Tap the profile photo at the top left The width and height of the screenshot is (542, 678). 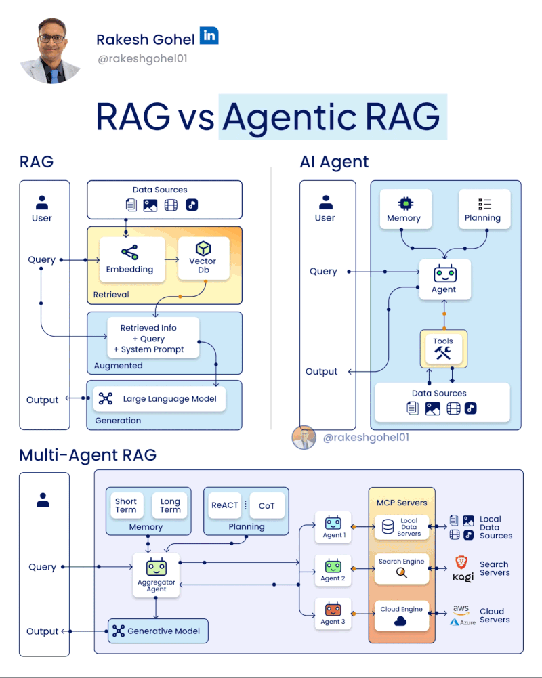click(x=51, y=52)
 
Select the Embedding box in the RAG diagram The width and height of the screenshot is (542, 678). click(x=129, y=259)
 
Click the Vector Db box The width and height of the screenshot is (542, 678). click(x=203, y=259)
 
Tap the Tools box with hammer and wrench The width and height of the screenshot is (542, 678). click(x=443, y=348)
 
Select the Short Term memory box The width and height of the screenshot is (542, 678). click(x=126, y=505)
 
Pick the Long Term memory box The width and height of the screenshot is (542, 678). click(x=170, y=505)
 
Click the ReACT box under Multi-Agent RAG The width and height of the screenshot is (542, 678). click(x=225, y=505)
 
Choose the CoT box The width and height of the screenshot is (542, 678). click(x=267, y=505)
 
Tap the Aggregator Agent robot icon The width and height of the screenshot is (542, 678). click(x=157, y=567)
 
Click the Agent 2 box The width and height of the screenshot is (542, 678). click(x=333, y=570)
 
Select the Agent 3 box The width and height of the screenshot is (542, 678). click(x=333, y=613)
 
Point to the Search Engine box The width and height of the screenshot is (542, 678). click(x=402, y=568)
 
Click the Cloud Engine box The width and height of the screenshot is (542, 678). click(x=402, y=616)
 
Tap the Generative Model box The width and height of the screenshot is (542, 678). click(x=158, y=631)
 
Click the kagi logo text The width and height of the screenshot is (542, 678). click(x=463, y=576)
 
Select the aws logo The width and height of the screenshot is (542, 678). click(x=461, y=610)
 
